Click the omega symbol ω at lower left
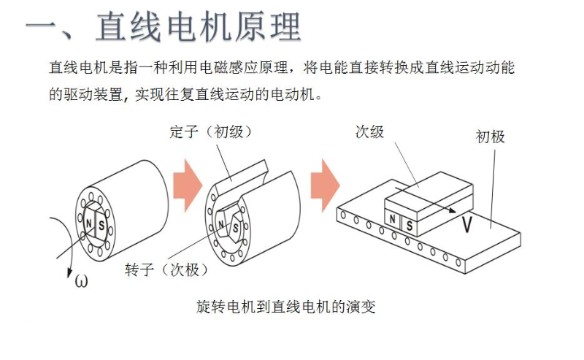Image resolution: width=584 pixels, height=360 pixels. click(80, 280)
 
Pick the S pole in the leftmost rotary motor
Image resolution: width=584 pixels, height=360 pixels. click(101, 224)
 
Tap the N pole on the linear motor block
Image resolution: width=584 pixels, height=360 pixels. click(393, 218)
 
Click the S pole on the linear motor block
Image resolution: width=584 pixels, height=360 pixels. click(409, 225)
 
